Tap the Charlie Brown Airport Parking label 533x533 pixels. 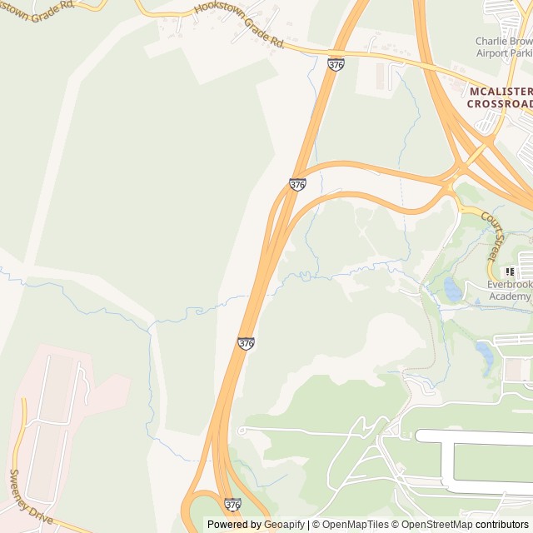503,46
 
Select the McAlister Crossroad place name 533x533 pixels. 499,97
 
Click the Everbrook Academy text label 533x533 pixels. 509,291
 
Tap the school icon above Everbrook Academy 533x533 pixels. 510,271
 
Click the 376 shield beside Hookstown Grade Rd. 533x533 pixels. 336,64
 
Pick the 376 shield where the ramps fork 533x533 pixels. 297,184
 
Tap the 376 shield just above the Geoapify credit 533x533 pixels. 233,505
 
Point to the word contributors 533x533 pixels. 502,525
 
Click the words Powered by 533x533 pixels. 232,525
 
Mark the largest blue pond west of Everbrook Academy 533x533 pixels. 453,289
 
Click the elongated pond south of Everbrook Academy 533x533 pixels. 484,352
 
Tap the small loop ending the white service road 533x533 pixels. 242,430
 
